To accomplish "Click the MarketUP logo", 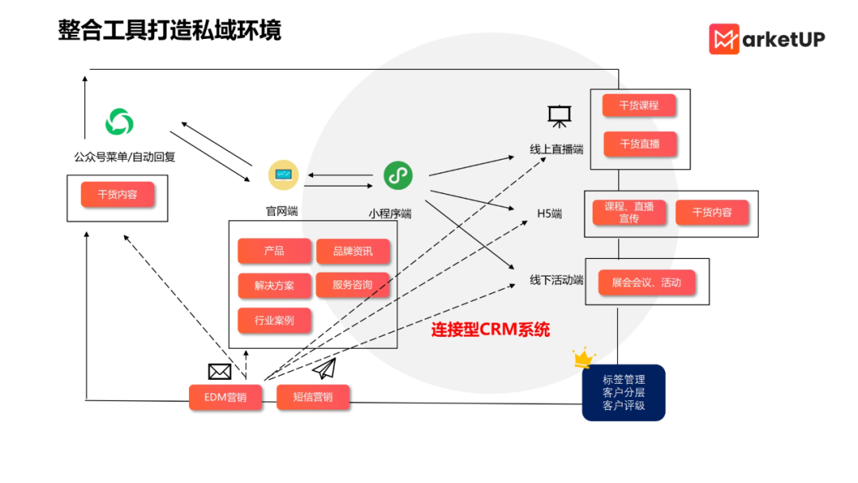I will click(767, 39).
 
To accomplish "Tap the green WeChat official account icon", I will click(119, 122).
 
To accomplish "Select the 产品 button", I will click(274, 251).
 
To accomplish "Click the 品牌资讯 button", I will click(353, 251).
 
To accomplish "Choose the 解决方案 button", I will click(274, 285).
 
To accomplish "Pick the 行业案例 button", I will click(274, 320).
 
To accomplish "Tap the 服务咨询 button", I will click(353, 285).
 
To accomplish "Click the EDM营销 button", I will click(226, 397).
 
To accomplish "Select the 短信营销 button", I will click(312, 397).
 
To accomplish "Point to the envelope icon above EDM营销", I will click(219, 371).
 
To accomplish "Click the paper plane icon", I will click(324, 369).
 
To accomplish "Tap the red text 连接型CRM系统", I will click(490, 330).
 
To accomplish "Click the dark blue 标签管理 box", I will click(624, 392).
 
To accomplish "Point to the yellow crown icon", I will click(584, 357).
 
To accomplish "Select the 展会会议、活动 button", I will click(646, 282).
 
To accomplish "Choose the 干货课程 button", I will click(639, 106).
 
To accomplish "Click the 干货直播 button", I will click(639, 144).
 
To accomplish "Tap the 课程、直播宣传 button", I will click(628, 212).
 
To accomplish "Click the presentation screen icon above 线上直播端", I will click(558, 117).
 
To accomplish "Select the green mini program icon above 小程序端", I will click(398, 175).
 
